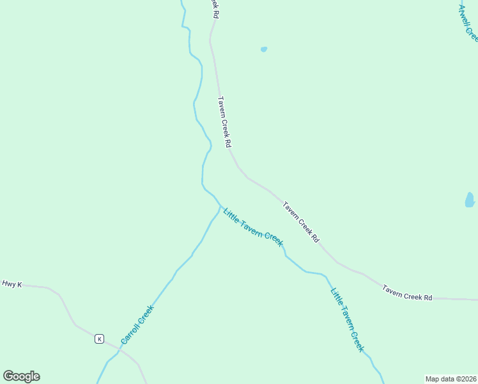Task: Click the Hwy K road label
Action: click(12, 284)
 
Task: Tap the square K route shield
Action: click(100, 339)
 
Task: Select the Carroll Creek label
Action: click(137, 324)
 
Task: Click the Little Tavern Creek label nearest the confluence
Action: click(253, 227)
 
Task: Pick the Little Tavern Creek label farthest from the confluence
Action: click(347, 320)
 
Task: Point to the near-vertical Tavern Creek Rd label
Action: click(224, 122)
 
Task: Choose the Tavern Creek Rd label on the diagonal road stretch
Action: click(301, 221)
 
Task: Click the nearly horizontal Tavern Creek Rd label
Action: click(408, 293)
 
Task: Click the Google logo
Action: click(21, 376)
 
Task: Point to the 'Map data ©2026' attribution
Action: click(451, 379)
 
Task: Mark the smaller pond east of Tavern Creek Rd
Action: click(264, 49)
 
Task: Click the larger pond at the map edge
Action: click(470, 200)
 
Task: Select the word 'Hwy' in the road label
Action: click(8, 284)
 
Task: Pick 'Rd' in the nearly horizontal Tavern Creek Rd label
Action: click(428, 298)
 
